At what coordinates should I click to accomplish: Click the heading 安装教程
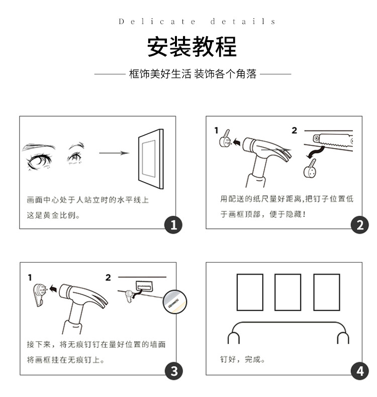coord(192,47)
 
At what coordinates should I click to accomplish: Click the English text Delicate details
coord(197,22)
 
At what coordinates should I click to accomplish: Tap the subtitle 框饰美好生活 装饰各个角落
coord(193,74)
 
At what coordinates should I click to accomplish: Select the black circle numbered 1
coord(173,225)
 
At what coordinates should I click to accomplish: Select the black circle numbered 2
coord(359,225)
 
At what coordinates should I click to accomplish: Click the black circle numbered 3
coord(173,371)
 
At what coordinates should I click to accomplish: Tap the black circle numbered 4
coord(359,371)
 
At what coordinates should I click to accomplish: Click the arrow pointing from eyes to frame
coord(114,153)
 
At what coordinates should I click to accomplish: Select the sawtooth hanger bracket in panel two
coord(332,142)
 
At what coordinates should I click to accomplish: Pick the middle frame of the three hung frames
coord(288,292)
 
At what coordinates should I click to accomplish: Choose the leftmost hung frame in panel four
coord(249,292)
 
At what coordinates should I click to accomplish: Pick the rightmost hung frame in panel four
coord(326,292)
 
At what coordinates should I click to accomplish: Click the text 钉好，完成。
coord(242,359)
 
